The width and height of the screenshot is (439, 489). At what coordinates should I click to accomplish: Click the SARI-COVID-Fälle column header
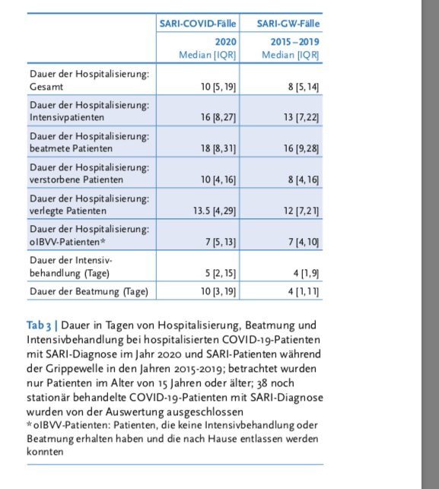pos(198,24)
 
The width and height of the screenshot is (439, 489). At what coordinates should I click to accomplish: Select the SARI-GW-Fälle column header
pos(288,24)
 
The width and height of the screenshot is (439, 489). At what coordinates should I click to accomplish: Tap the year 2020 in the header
pos(225,42)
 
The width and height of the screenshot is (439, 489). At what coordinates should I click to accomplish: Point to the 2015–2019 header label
pos(295,42)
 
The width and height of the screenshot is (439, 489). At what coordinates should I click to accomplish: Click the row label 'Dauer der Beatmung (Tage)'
pos(89,291)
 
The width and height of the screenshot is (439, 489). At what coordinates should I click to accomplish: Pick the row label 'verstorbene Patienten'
pos(76,179)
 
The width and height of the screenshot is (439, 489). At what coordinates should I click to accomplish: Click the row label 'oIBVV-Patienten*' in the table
pos(68,242)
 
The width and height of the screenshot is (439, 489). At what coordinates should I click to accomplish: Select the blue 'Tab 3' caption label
pos(39,325)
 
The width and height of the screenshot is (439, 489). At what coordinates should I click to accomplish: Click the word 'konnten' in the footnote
pos(45,452)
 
